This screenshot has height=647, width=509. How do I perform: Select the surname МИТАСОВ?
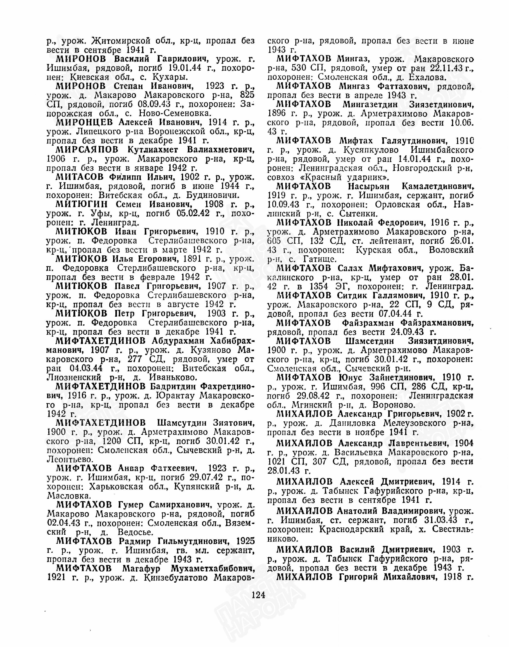pyautogui.click(x=79, y=177)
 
